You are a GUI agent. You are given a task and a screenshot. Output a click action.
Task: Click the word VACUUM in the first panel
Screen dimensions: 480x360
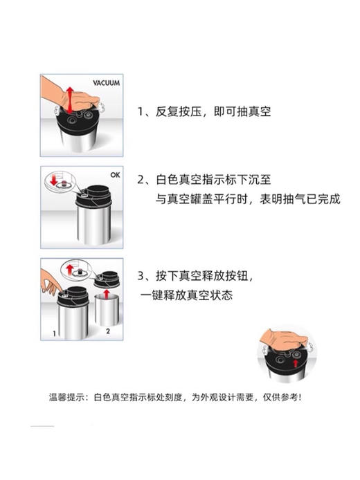coord(106,83)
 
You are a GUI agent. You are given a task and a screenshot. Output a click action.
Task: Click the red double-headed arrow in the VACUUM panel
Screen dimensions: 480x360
coord(69,98)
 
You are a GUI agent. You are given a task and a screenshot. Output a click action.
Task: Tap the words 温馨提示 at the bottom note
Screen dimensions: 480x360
coord(66,397)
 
